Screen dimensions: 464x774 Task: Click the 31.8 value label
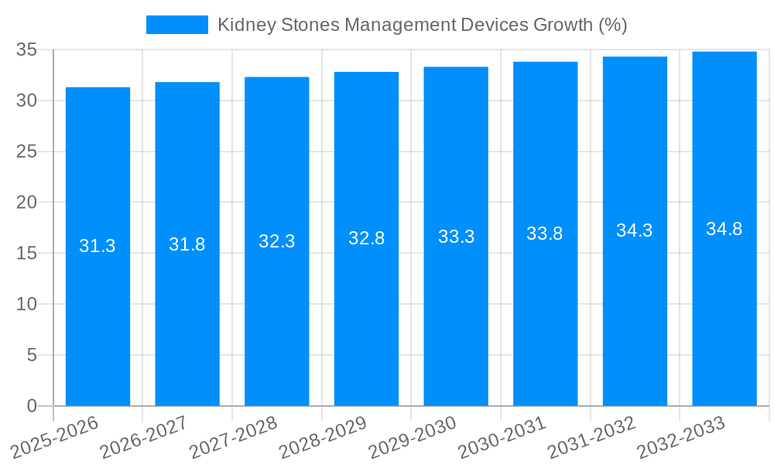[187, 244]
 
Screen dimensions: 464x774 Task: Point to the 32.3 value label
[276, 241]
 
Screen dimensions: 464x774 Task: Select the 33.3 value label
[456, 237]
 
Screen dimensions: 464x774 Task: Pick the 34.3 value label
[635, 230]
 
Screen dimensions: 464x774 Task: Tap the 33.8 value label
[545, 234]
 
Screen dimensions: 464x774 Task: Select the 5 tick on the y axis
[32, 355]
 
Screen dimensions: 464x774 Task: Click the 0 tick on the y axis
[32, 406]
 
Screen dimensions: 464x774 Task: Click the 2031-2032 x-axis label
[592, 437]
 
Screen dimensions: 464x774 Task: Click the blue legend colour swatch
[177, 25]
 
